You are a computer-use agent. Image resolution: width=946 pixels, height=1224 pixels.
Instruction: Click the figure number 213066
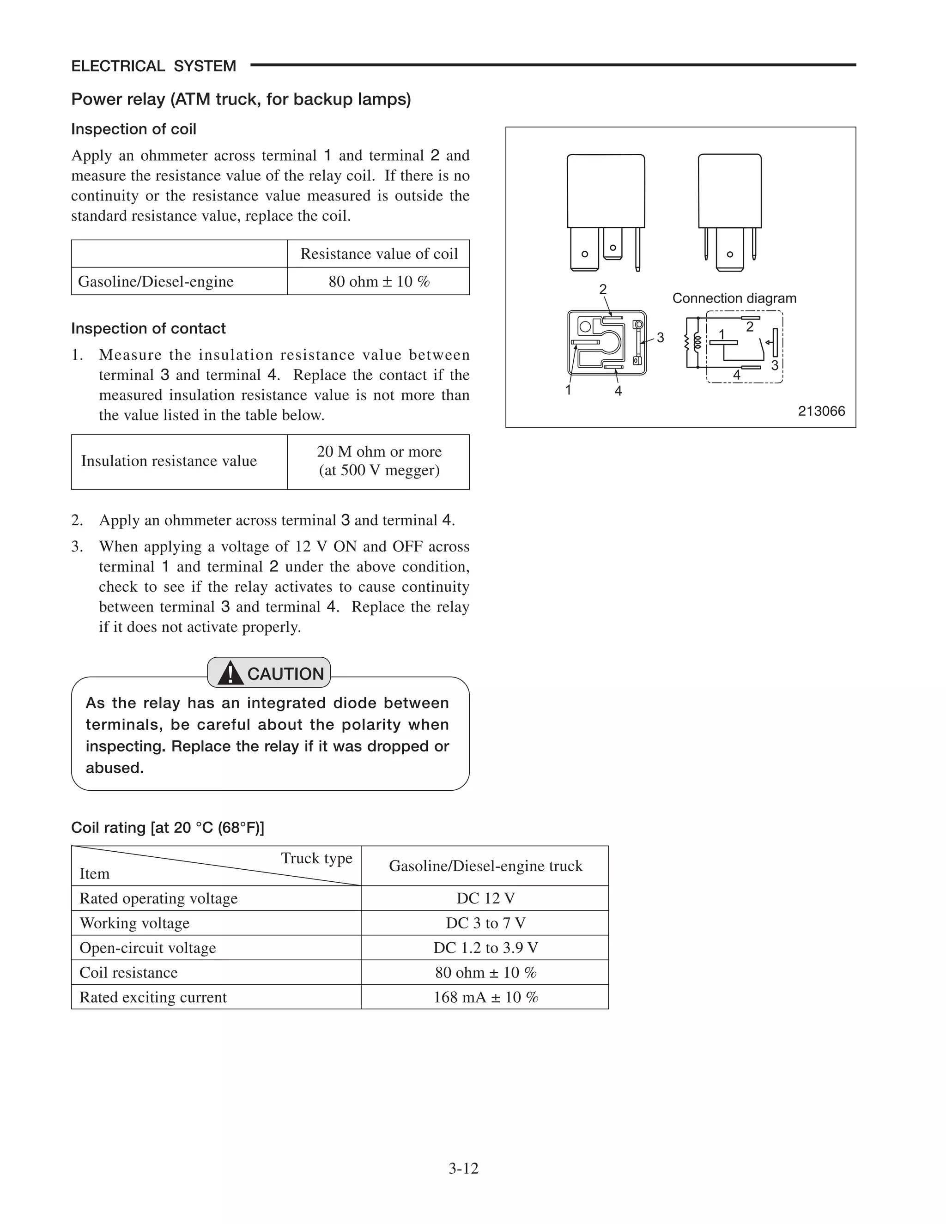[x=821, y=411]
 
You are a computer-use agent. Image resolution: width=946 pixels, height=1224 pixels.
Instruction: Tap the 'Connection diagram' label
[x=734, y=298]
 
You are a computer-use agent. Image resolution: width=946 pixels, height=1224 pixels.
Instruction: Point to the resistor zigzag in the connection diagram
[x=686, y=342]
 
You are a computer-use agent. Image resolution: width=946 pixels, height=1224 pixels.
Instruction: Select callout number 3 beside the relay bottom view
[x=660, y=337]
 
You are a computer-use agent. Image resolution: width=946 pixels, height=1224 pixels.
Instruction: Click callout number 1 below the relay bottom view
[x=568, y=390]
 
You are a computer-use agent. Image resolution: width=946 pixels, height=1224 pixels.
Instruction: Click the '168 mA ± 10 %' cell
[x=485, y=997]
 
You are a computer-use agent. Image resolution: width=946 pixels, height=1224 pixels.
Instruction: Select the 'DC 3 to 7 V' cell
[x=485, y=923]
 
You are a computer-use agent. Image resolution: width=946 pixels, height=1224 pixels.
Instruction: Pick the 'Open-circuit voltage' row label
[x=147, y=948]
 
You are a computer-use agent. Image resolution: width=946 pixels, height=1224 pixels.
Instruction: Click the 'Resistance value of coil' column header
[x=379, y=254]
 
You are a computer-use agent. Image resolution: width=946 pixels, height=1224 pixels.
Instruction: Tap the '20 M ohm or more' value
[x=379, y=451]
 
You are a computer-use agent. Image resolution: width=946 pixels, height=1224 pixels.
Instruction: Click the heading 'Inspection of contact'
[x=149, y=328]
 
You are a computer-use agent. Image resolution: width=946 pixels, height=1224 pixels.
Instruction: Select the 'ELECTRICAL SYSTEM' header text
[x=153, y=66]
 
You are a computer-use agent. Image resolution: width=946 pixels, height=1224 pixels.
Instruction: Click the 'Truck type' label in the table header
[x=316, y=858]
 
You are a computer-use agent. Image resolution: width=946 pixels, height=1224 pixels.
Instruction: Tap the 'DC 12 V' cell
[x=485, y=898]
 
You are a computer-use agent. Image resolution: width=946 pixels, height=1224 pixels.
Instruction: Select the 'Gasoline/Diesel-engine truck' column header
[x=485, y=866]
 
